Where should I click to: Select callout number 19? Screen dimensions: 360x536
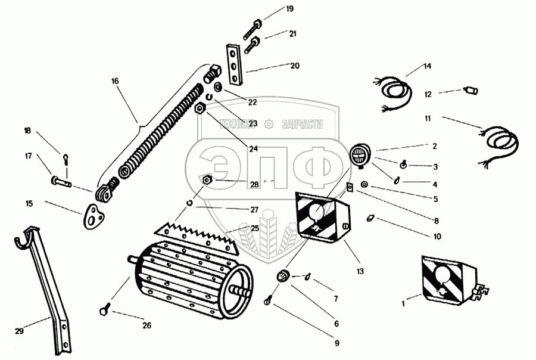pos(289,9)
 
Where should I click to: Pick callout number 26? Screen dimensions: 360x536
pos(147,325)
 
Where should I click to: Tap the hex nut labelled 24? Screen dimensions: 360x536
pos(201,108)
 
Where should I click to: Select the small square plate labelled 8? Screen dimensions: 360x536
pos(351,188)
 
